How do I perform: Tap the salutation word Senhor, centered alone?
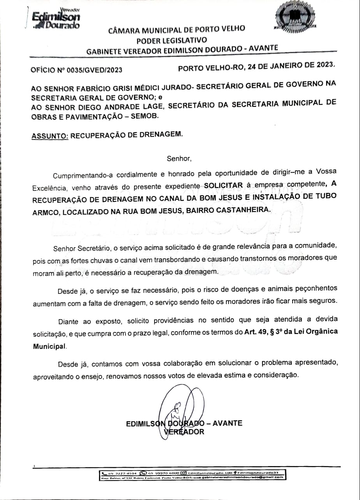[179, 159]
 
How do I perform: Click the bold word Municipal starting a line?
[50, 346]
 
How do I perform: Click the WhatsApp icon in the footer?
[143, 473]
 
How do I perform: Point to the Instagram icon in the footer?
[183, 473]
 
